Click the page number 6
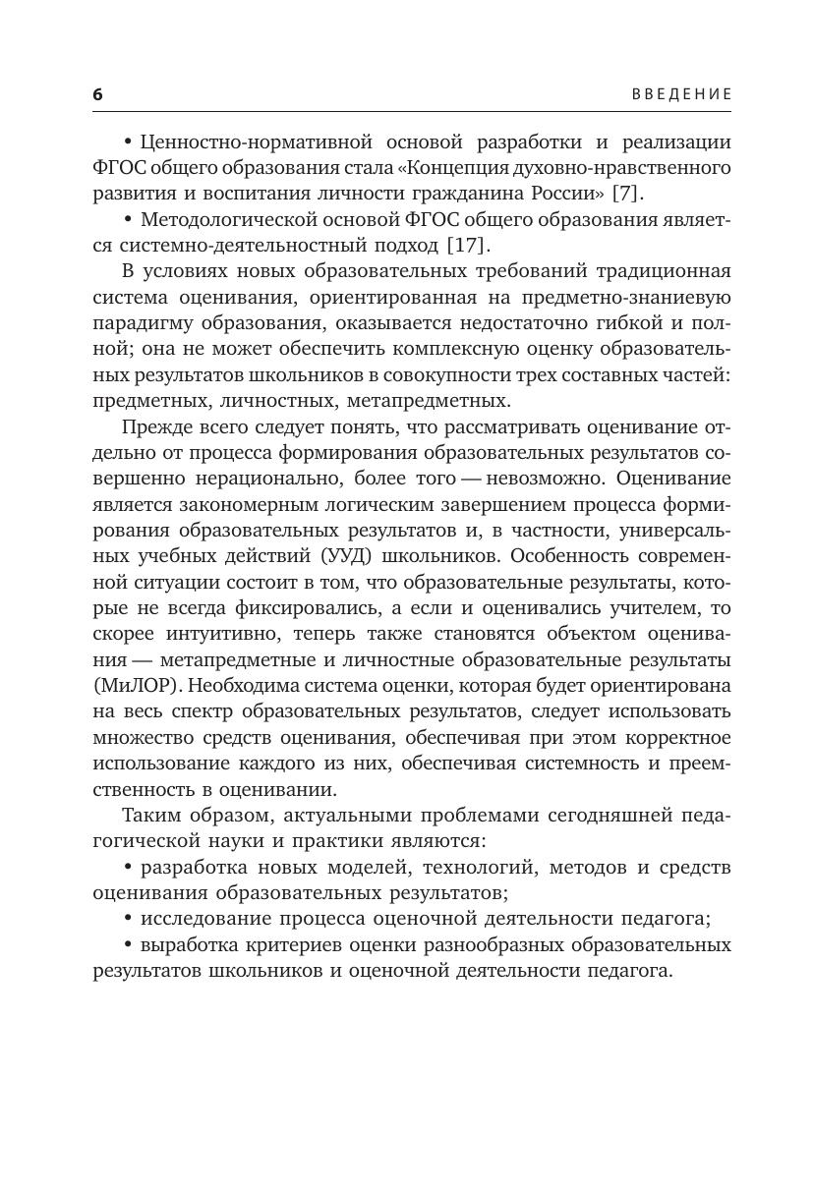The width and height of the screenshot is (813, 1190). click(97, 94)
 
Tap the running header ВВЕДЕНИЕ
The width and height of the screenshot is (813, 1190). click(682, 94)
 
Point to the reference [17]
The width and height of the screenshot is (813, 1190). click(468, 245)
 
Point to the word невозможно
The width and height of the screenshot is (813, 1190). click(527, 479)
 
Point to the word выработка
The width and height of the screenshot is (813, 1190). click(188, 944)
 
